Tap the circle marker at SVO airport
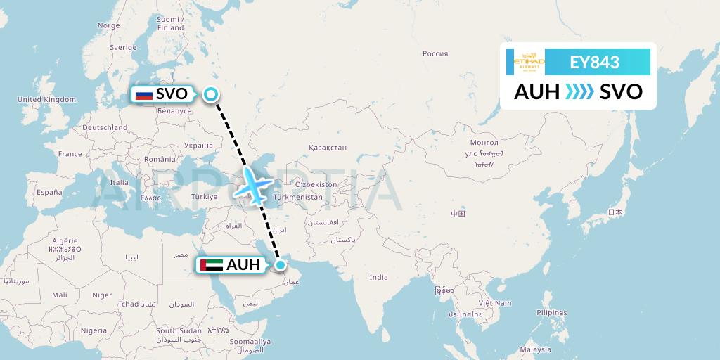211,94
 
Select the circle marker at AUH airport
281,265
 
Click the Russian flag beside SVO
143,94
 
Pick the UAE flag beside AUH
211,265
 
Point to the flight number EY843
594,63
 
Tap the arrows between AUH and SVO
579,92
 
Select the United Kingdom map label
46,100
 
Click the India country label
379,277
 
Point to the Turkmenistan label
299,197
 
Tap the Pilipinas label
551,312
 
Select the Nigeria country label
94,330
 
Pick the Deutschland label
105,127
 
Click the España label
49,192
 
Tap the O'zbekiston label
316,184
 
